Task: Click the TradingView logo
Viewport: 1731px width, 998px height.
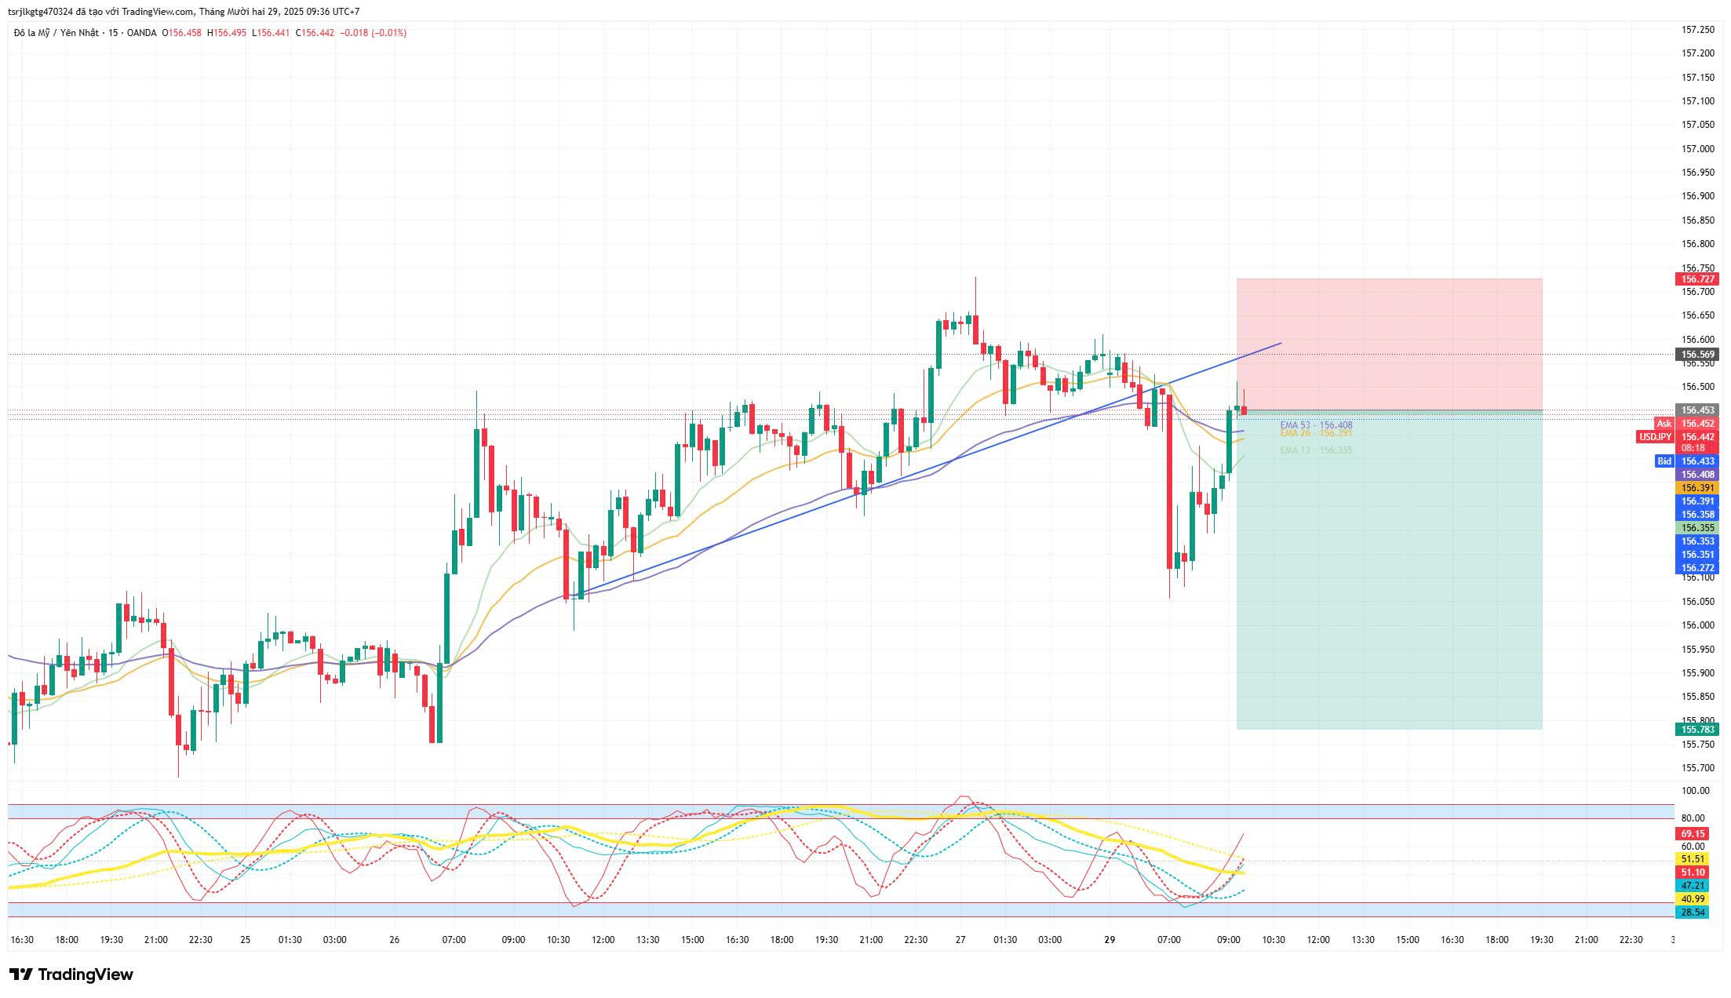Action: point(71,974)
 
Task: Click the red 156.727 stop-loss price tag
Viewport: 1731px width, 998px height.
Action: point(1698,279)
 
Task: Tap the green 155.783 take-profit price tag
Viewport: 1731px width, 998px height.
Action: point(1698,729)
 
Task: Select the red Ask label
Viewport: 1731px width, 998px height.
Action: point(1664,424)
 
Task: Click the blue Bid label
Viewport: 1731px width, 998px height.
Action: point(1664,461)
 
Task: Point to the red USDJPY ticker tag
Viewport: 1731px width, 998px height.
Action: point(1655,437)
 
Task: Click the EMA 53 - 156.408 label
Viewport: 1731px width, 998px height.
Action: point(1316,425)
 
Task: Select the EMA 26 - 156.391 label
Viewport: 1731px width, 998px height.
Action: point(1316,433)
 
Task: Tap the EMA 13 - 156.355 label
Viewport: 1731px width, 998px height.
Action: point(1316,450)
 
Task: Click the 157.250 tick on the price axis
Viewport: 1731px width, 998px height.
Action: point(1698,30)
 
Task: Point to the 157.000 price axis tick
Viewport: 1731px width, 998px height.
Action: point(1698,149)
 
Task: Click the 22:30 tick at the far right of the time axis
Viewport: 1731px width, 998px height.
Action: point(1631,940)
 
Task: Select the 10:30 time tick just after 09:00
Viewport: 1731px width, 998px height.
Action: point(1273,940)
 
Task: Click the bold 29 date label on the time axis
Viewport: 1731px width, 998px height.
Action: point(1109,940)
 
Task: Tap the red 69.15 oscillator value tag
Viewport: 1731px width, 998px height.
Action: point(1692,834)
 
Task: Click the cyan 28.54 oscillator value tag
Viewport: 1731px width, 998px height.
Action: point(1692,912)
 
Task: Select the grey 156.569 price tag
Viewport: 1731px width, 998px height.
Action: point(1698,355)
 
